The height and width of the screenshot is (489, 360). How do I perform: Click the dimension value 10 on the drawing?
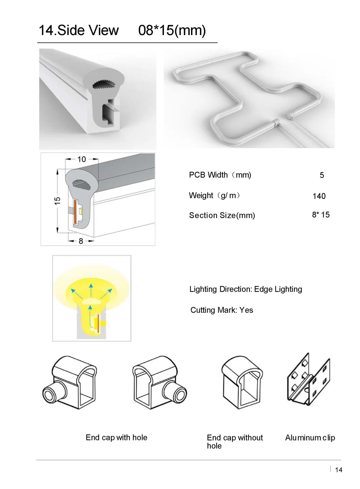[x=82, y=159]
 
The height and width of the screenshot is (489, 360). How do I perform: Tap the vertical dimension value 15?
[x=57, y=201]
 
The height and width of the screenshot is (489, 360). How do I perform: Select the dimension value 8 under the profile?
[x=81, y=241]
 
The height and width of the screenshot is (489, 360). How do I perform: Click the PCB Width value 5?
[x=322, y=175]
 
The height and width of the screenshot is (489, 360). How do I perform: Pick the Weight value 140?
[x=319, y=196]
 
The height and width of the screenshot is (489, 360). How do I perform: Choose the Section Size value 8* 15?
[x=321, y=215]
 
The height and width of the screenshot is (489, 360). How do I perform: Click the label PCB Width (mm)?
[x=220, y=175]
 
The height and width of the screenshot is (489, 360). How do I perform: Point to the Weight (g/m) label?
[x=215, y=196]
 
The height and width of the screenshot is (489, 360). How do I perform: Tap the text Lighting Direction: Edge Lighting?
[x=246, y=289]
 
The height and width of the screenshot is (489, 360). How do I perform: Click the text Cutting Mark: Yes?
[x=222, y=310]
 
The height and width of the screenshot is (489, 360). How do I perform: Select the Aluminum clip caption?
[x=310, y=438]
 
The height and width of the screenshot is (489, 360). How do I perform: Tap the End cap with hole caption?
[x=117, y=437]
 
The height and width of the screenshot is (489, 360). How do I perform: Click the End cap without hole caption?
[x=235, y=442]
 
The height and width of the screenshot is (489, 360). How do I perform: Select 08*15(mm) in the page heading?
[x=172, y=31]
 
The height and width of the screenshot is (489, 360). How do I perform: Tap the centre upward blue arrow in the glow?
[x=91, y=290]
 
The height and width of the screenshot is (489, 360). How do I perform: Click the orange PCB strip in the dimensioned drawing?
[x=75, y=212]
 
